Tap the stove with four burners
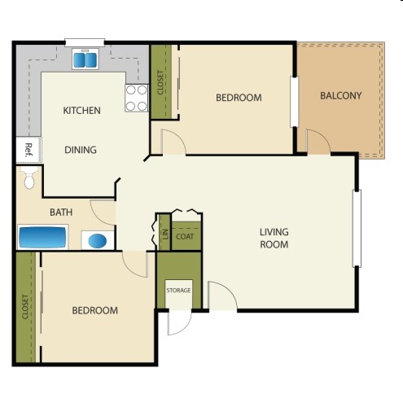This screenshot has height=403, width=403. tap(136, 98)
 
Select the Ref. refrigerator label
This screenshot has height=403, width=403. tap(28, 149)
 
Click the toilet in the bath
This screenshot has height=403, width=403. tap(30, 181)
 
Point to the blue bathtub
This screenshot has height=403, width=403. tap(42, 238)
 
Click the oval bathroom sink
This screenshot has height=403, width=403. tap(98, 241)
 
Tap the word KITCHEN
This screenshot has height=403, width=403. tap(81, 111)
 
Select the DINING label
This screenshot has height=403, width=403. tap(81, 150)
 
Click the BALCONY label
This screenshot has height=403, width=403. tap(340, 96)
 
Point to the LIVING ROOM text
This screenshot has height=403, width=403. tap(274, 238)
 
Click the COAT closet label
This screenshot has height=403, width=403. tap(185, 236)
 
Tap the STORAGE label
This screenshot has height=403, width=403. tap(178, 291)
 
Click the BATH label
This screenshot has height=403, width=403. tap(61, 212)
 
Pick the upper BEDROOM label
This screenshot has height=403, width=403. tap(239, 98)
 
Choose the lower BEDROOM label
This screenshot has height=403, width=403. tap(94, 310)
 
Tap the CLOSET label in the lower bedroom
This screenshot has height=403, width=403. tap(25, 308)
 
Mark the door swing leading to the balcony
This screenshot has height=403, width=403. tap(318, 141)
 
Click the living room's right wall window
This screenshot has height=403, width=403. tap(356, 228)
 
